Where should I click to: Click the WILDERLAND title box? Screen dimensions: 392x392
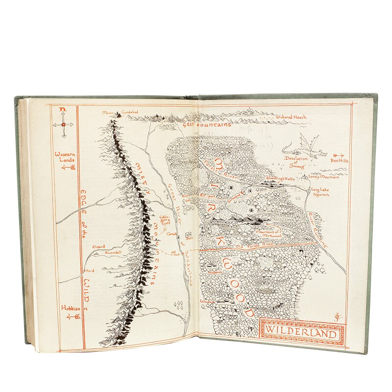(x=301, y=333)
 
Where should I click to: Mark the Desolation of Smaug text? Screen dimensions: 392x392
(x=296, y=162)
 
